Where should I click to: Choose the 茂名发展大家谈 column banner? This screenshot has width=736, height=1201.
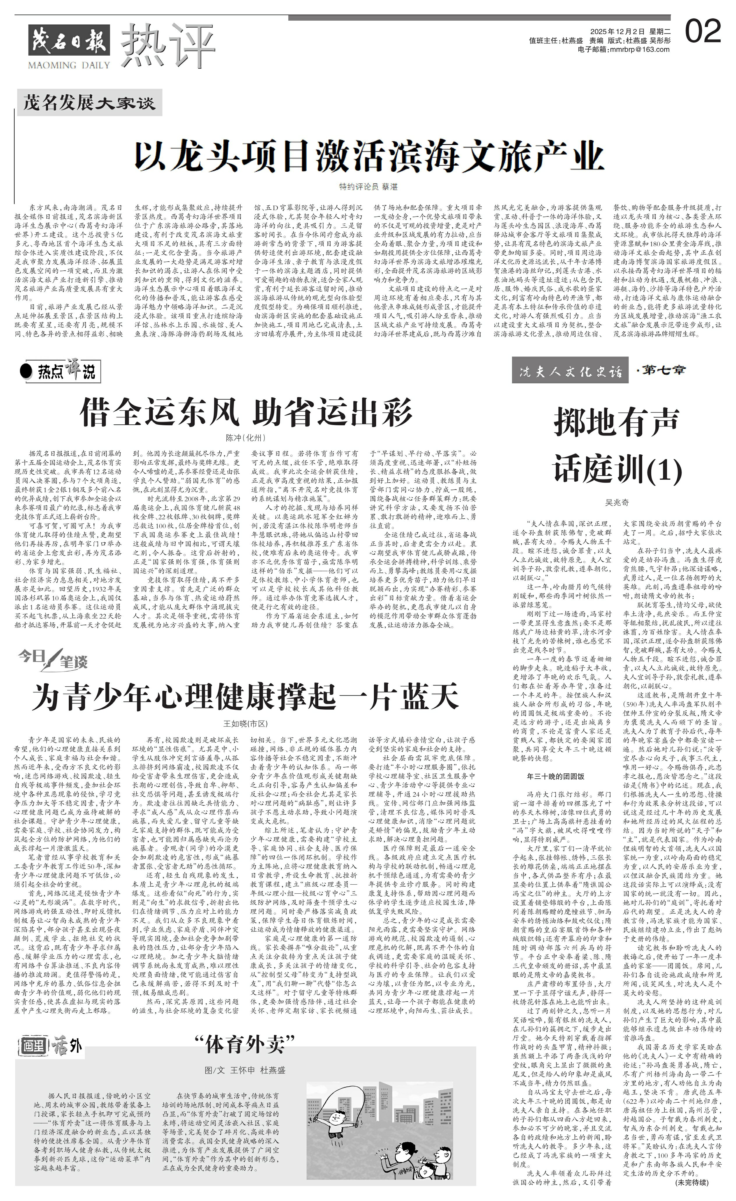(89, 103)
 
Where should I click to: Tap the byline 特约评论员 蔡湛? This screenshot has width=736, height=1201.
(368, 187)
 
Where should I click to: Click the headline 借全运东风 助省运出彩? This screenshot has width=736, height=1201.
(246, 413)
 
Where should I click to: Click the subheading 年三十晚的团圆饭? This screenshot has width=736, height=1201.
(555, 776)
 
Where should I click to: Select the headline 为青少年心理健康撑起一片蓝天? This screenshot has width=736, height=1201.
(245, 697)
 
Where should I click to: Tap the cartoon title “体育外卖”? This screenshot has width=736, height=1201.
(245, 1045)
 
